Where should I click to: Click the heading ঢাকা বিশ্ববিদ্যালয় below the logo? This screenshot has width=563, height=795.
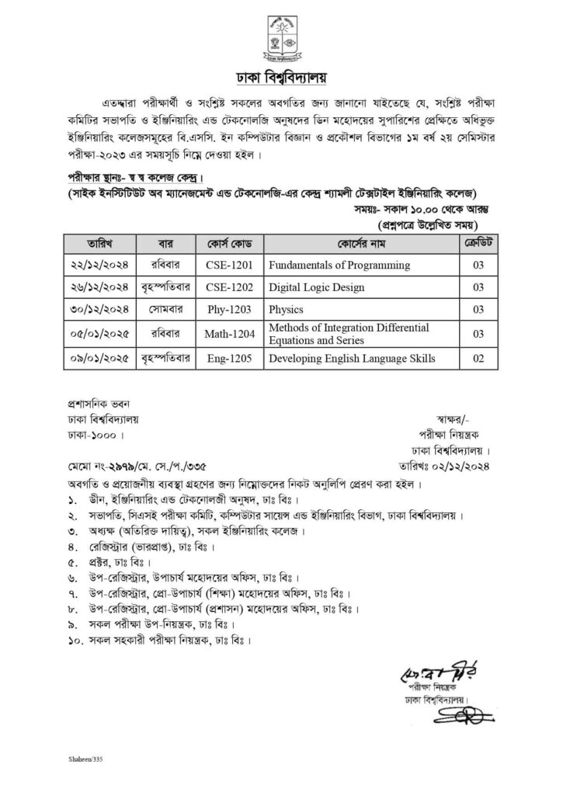[281, 77]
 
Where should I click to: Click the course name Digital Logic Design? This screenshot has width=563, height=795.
[316, 287]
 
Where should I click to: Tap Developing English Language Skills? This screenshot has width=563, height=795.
[352, 358]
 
